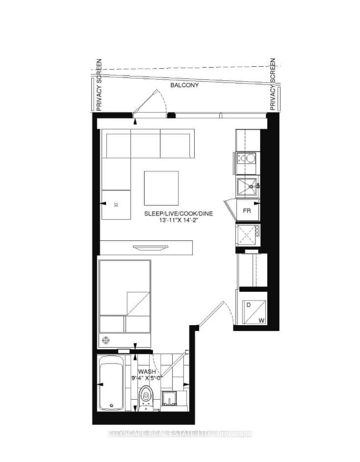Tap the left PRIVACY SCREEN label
[x=99, y=85]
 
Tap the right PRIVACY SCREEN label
[x=273, y=85]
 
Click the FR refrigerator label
[x=248, y=211]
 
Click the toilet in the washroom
[x=146, y=396]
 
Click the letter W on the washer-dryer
[x=261, y=321]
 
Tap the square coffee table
[x=161, y=187]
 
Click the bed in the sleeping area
[x=125, y=296]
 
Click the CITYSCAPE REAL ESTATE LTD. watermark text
[x=180, y=434]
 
